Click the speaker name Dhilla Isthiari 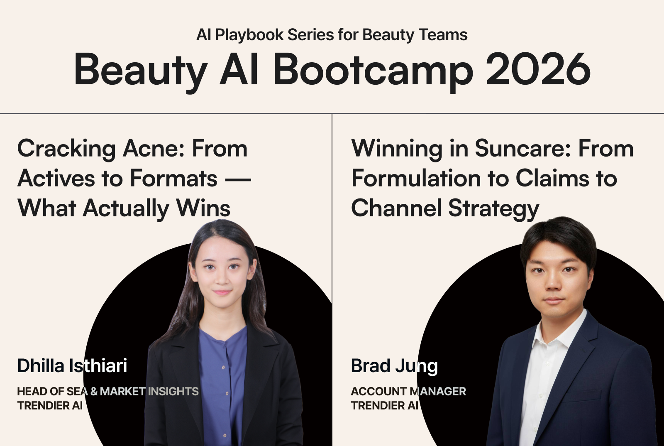72,365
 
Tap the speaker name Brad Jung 394,367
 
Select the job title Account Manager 408,392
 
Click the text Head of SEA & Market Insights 108,392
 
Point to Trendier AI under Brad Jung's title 384,405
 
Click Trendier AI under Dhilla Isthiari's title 50,405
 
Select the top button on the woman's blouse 223,368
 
